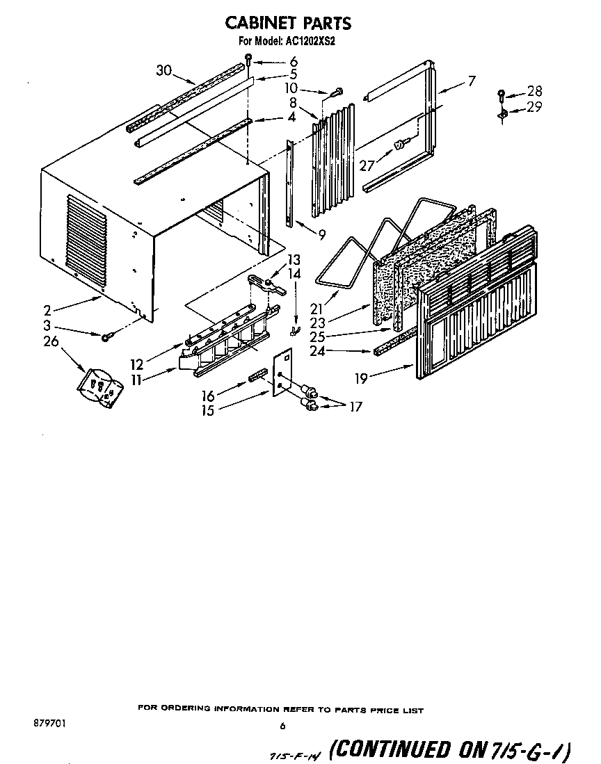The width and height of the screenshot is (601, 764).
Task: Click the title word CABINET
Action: click(259, 24)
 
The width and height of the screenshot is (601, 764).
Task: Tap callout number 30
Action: click(163, 70)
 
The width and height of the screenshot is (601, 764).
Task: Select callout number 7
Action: click(472, 81)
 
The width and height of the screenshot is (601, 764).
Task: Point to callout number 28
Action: click(534, 91)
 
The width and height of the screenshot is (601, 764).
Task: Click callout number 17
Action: click(355, 407)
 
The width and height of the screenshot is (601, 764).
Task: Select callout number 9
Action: click(321, 235)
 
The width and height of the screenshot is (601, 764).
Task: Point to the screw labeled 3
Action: click(106, 337)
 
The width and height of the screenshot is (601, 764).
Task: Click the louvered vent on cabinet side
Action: click(86, 238)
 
